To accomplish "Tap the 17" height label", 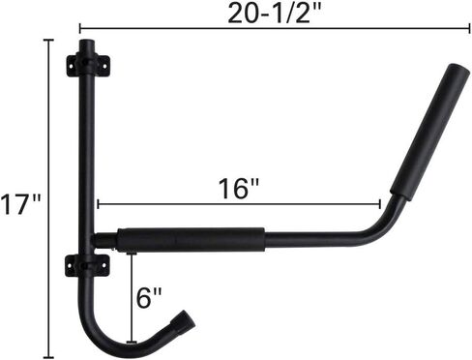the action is coord(20,204).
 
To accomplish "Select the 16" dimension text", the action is coord(239,189).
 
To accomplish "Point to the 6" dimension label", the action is coord(149,298).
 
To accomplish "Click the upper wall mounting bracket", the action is coord(87,66).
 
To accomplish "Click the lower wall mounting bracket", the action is coord(87,265).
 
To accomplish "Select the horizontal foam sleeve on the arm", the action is coord(191,240).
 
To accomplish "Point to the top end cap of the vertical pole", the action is coord(87,45).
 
